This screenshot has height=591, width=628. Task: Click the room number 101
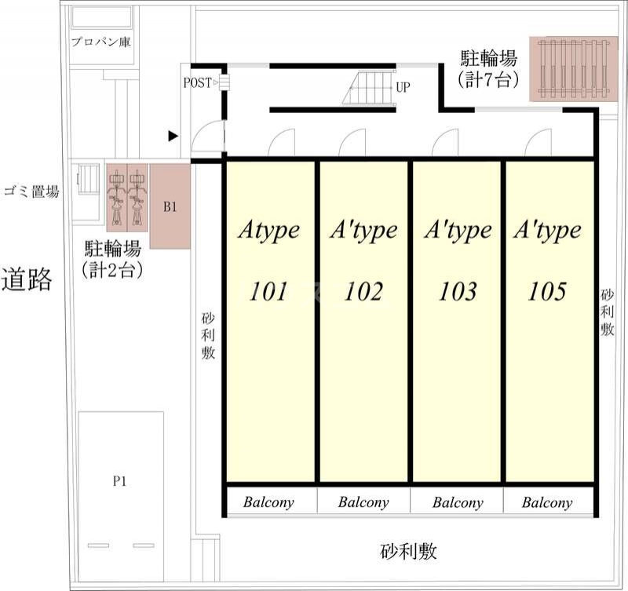pos(268,291)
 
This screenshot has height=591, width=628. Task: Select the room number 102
pos(363,291)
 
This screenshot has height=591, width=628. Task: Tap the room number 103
pos(458,291)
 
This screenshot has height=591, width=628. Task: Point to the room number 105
pos(547,291)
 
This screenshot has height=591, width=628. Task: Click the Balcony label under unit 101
pos(268,502)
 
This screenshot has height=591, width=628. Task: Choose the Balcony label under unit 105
pos(547,502)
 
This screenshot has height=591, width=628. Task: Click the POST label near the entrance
pos(197,82)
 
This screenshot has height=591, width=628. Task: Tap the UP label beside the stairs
pos(403,86)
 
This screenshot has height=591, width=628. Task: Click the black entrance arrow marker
pos(173,137)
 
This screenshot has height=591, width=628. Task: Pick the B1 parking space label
pos(170,207)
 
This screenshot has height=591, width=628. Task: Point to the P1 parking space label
pos(119,481)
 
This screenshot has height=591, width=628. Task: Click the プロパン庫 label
pos(100,42)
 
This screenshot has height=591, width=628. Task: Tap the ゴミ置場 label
pos(31,191)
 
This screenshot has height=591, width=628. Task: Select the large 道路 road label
pos(27,279)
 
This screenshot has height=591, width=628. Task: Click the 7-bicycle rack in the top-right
pos(572,68)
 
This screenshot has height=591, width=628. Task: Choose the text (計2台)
pos(112,270)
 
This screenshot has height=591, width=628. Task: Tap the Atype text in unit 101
pos(268,230)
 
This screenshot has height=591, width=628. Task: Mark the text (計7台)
pos(487,78)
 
